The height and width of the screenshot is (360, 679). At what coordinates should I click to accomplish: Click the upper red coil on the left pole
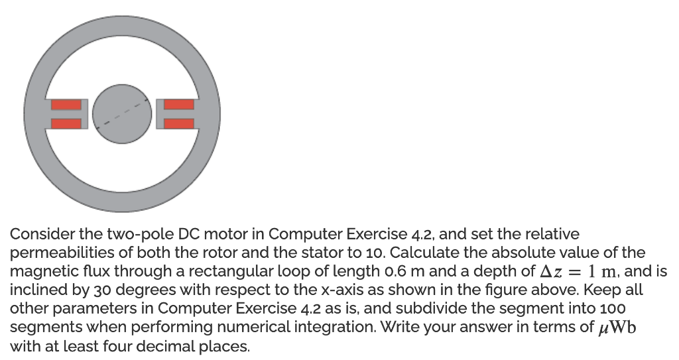click(x=66, y=104)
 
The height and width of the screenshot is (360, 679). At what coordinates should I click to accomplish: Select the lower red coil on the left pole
click(x=66, y=122)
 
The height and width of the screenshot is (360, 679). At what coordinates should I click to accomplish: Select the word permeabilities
click(x=54, y=253)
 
